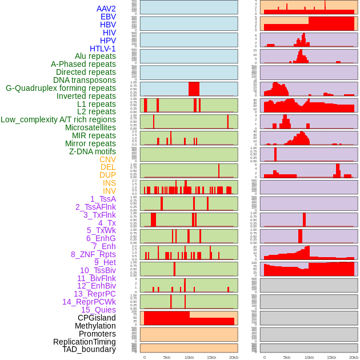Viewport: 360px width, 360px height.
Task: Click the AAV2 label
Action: (x=106, y=9)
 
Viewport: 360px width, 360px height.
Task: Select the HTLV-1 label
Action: (x=102, y=49)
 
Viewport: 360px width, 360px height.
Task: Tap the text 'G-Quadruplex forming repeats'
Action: (x=61, y=88)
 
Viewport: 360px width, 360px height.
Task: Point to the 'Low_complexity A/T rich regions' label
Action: (x=58, y=119)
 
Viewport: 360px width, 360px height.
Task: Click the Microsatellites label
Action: (x=90, y=127)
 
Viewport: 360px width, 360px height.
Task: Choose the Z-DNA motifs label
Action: (x=93, y=151)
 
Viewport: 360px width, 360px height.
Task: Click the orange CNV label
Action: (x=107, y=159)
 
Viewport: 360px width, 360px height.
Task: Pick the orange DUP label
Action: (x=107, y=175)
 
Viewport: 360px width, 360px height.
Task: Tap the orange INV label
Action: (x=109, y=191)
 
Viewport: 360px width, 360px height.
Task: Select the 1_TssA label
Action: (x=103, y=199)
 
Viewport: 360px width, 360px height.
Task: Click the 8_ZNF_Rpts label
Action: (x=93, y=254)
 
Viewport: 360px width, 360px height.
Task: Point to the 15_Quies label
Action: (x=98, y=310)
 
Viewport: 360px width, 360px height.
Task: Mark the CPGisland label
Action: (x=97, y=318)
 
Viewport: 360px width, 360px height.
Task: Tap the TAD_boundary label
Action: (x=89, y=349)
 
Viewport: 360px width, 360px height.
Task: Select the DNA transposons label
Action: (x=85, y=80)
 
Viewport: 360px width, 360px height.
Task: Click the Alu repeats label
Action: (x=95, y=56)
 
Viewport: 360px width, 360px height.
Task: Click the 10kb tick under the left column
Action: (x=189, y=357)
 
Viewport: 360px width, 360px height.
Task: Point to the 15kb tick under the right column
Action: (x=331, y=357)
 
